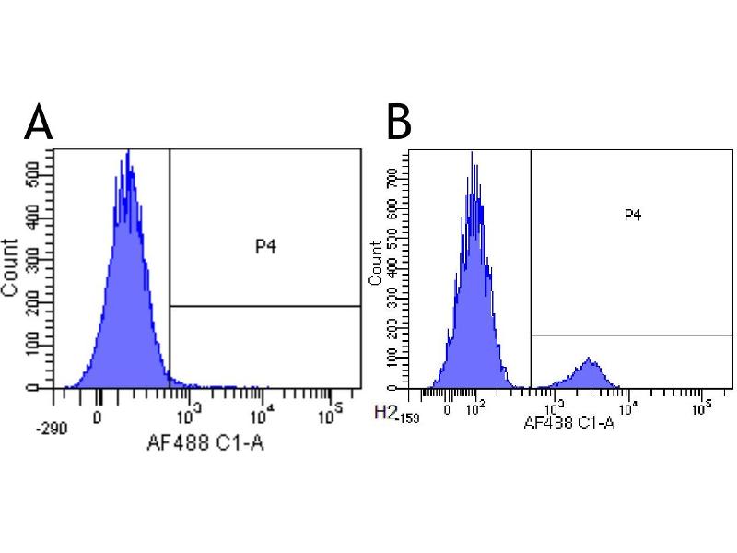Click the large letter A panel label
pos(38,124)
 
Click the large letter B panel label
pos(398,123)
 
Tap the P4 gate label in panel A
pos(266,246)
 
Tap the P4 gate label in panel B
pos(632,215)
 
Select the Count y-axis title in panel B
pos(375,263)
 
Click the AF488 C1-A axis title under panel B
pos(568,423)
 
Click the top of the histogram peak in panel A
pos(128,153)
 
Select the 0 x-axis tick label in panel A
pos(99,416)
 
